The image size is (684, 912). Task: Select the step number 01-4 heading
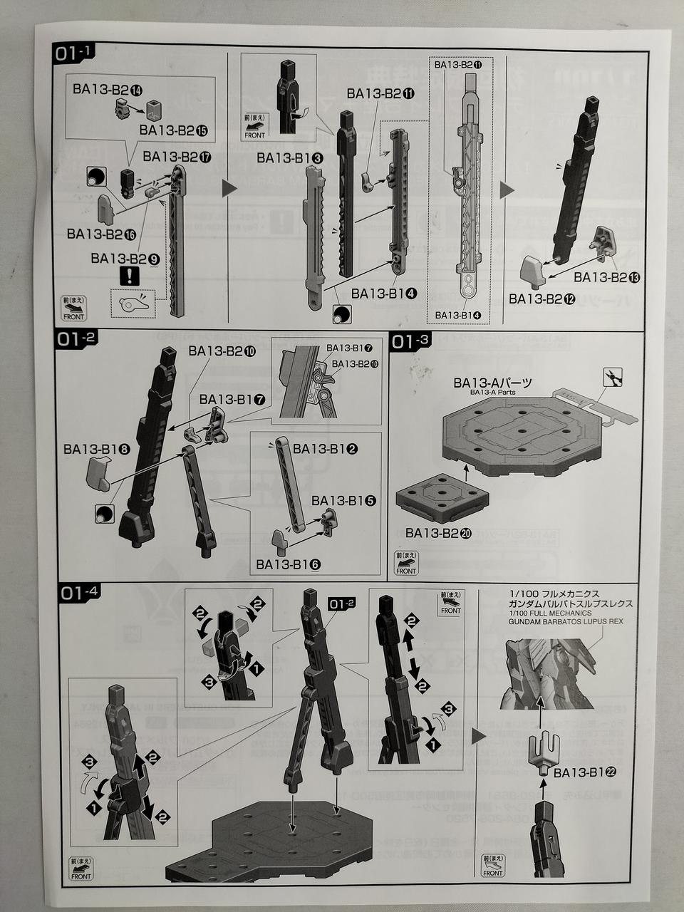(80, 593)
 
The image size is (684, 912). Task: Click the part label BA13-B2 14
(107, 89)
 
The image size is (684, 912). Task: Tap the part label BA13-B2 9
(125, 258)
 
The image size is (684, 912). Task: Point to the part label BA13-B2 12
(541, 299)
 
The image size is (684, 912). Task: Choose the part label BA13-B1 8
(96, 450)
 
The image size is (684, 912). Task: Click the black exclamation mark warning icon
(128, 276)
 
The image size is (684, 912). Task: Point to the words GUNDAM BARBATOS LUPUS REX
(566, 621)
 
